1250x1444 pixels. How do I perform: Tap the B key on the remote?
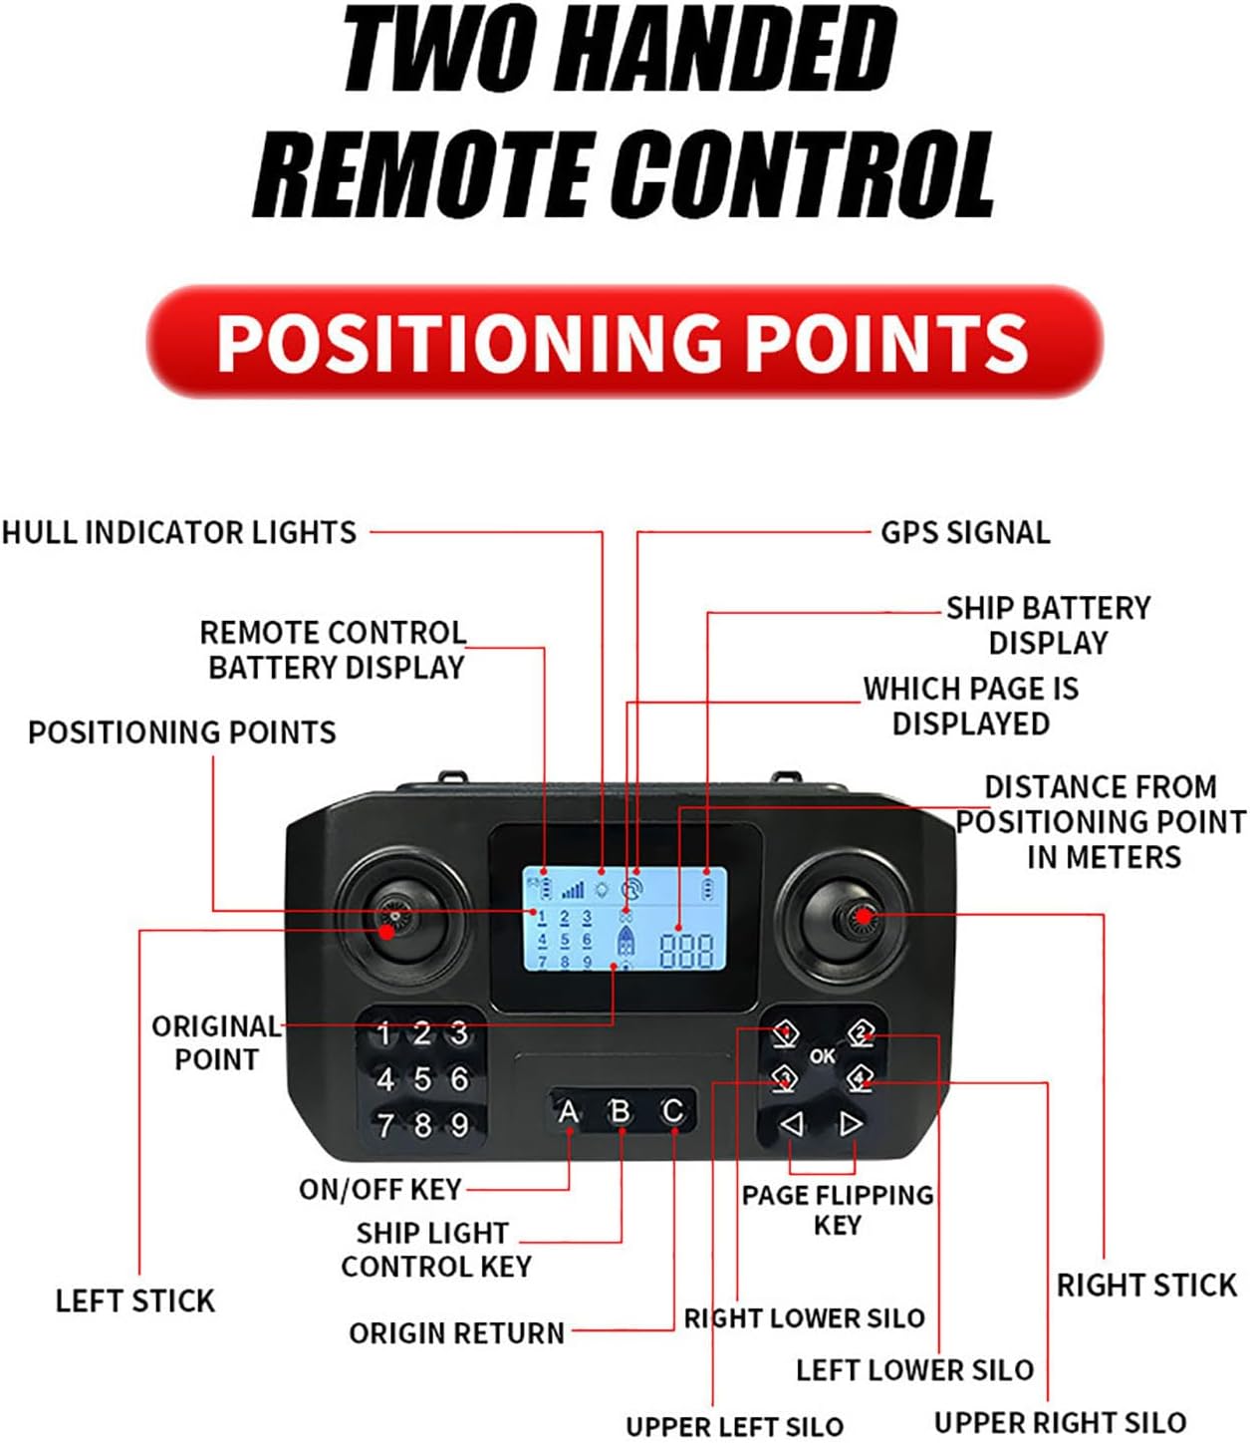tap(620, 1110)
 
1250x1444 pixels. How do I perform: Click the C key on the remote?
tap(672, 1110)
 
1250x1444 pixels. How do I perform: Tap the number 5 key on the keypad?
tap(422, 1079)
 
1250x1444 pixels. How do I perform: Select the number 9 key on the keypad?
tap(459, 1125)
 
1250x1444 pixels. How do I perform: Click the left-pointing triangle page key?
tap(792, 1124)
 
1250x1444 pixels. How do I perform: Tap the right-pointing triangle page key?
tap(851, 1124)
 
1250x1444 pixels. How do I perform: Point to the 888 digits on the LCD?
tap(686, 951)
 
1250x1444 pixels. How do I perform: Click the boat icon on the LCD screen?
tap(625, 940)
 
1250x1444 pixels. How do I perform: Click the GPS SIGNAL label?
tap(965, 532)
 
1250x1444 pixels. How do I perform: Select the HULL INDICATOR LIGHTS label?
tap(179, 532)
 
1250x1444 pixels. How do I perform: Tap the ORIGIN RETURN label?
tap(456, 1332)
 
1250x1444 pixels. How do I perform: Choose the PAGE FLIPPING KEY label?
tap(838, 1209)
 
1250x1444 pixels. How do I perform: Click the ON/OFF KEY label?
tap(380, 1189)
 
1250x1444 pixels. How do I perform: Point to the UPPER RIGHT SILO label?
tap(1060, 1422)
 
